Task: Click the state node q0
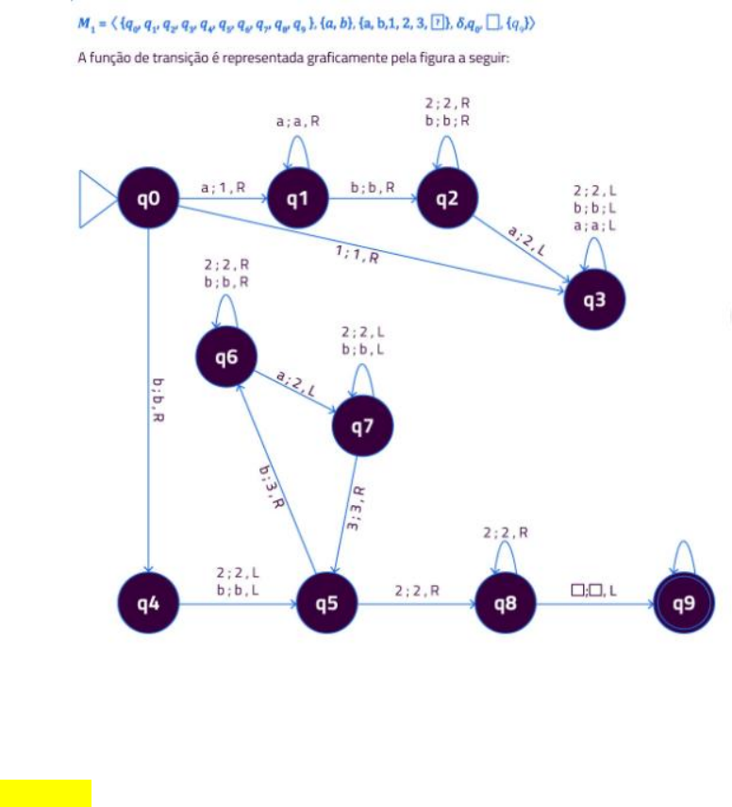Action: tap(149, 199)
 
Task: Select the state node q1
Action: tap(298, 199)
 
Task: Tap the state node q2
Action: tap(447, 199)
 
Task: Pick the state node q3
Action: tap(594, 300)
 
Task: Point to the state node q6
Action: tap(226, 356)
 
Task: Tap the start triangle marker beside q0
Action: tap(95, 199)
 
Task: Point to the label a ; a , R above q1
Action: tap(297, 122)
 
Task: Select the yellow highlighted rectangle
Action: tap(45, 793)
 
